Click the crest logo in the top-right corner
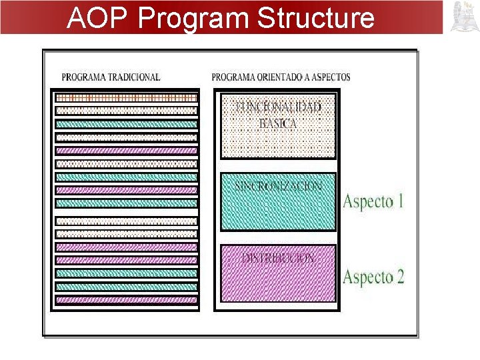(464, 17)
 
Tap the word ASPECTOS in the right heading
(330, 77)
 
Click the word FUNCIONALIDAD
(279, 106)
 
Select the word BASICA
(279, 123)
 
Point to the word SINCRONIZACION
(279, 186)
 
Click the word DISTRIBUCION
(279, 257)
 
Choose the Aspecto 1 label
(373, 201)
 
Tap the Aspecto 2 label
(373, 277)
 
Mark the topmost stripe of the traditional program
(126, 97)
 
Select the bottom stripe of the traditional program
(126, 300)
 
